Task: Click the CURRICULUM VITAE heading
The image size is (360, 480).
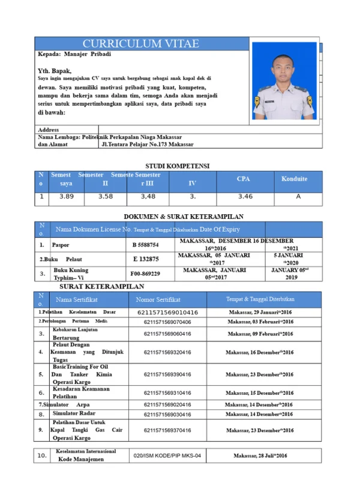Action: coord(140,44)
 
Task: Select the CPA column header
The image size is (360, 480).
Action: coord(244,179)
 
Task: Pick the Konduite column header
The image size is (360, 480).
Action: coord(294,179)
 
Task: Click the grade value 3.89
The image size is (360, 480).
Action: coord(67,196)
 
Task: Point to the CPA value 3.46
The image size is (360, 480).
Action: coord(245,196)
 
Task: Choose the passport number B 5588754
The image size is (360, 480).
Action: coord(146,245)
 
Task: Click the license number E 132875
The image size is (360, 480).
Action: coord(146,259)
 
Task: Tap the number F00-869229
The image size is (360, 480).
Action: coord(146,274)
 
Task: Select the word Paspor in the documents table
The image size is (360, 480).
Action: coord(61,245)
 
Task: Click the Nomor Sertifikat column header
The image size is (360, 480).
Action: coord(158,299)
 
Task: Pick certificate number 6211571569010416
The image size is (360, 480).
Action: coord(167,313)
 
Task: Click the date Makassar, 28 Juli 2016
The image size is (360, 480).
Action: coord(260,456)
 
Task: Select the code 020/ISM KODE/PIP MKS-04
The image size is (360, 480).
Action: coord(167,456)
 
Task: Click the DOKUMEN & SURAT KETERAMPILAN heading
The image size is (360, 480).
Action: coord(183,217)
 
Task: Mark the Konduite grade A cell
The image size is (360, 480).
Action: coord(298,196)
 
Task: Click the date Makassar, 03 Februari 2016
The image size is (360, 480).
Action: coord(260,322)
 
